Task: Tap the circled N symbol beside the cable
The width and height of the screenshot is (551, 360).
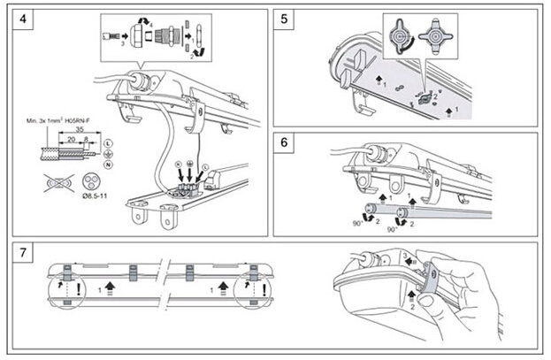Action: pyautogui.click(x=108, y=165)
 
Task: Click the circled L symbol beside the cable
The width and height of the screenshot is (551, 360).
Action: pyautogui.click(x=108, y=142)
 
